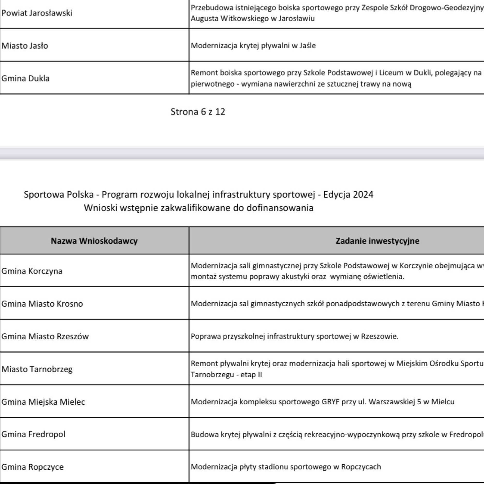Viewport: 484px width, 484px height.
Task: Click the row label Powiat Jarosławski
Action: [37, 13]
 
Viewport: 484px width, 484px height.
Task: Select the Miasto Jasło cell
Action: [25, 46]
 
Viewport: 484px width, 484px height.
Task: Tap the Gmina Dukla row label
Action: [26, 78]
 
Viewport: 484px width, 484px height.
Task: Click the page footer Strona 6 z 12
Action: [198, 112]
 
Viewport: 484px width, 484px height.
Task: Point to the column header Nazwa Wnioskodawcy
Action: [94, 241]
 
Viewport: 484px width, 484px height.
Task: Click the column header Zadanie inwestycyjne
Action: [377, 241]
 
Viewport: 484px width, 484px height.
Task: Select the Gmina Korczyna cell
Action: [32, 271]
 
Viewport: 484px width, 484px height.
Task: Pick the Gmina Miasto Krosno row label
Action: [42, 304]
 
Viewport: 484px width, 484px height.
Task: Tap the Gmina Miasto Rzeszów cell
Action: [45, 336]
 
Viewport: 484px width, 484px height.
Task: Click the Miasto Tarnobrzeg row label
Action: [37, 369]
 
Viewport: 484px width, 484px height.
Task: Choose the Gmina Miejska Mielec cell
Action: [43, 402]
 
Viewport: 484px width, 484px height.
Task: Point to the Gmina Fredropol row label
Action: [33, 434]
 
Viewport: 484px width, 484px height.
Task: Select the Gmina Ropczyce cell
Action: [33, 467]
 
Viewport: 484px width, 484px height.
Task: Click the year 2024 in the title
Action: [363, 195]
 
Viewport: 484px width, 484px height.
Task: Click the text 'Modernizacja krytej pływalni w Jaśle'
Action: [253, 45]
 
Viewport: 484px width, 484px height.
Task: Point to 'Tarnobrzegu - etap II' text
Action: [227, 375]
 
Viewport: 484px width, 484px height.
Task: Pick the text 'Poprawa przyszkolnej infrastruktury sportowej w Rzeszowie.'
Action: [295, 336]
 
